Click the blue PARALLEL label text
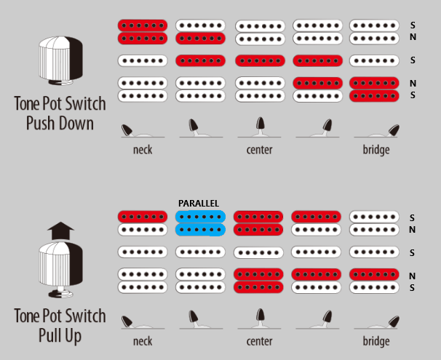[x=199, y=203]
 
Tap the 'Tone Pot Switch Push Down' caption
[x=60, y=113]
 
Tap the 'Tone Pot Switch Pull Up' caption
[x=60, y=326]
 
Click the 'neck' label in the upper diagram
[x=143, y=150]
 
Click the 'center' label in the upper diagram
[x=259, y=150]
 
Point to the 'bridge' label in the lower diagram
[x=376, y=341]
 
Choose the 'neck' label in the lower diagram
[x=143, y=341]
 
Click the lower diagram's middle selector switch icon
[x=260, y=320]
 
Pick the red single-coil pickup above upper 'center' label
[x=259, y=60]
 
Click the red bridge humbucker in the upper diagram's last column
[x=374, y=89]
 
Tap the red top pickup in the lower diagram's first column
[x=143, y=217]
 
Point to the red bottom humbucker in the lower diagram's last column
[x=374, y=275]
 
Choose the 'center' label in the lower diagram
[x=259, y=341]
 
